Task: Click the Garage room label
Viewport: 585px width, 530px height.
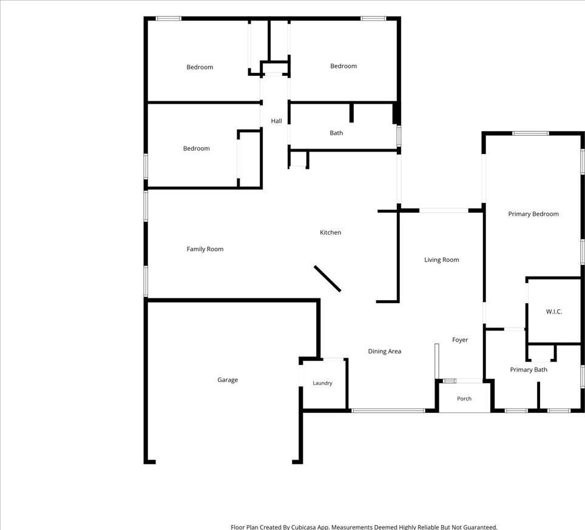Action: (x=228, y=380)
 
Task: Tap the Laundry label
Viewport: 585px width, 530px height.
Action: (x=322, y=383)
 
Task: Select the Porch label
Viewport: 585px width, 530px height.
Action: (x=464, y=398)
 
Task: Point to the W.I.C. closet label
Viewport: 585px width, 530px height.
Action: (x=554, y=312)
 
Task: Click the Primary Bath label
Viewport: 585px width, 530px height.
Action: (x=529, y=370)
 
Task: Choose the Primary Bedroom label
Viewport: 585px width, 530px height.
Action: (x=533, y=214)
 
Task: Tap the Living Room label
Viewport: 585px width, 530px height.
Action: (x=442, y=260)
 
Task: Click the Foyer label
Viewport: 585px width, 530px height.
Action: (x=460, y=340)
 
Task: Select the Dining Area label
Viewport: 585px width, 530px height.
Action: (x=385, y=351)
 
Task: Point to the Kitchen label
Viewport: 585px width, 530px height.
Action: (x=331, y=233)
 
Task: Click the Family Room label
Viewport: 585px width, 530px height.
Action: (x=205, y=249)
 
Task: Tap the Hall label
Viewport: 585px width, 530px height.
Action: (x=277, y=121)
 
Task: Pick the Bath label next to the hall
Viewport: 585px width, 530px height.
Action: (x=336, y=133)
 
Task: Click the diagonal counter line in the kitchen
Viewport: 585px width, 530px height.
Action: (x=327, y=278)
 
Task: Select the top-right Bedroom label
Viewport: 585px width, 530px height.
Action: (x=343, y=66)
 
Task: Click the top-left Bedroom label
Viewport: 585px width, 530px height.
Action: (x=200, y=67)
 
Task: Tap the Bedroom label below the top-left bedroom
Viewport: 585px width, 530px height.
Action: (x=196, y=149)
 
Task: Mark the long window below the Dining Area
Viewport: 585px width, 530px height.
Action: (x=388, y=411)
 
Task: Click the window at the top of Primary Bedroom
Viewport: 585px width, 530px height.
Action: (x=530, y=133)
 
